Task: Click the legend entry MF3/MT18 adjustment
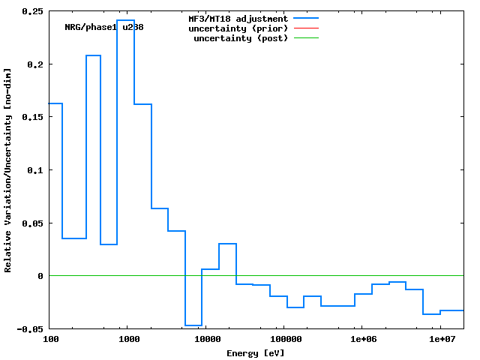[x=238, y=18]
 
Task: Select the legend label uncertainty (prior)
[x=238, y=28]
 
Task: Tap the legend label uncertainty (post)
[x=241, y=37]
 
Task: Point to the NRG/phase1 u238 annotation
[x=104, y=27]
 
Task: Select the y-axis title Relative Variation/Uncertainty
[x=7, y=170]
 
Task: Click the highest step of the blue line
[x=125, y=20]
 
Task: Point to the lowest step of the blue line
[x=193, y=325]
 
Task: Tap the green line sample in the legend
[x=306, y=37]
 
